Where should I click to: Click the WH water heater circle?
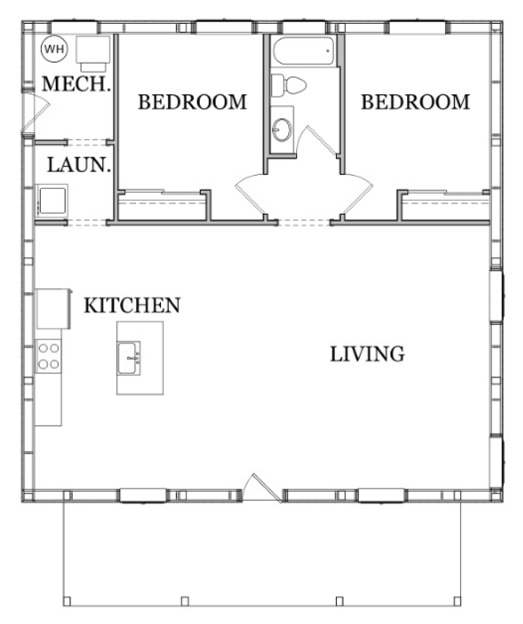[x=54, y=50]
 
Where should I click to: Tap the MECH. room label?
[x=76, y=85]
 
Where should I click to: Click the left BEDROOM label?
[x=193, y=102]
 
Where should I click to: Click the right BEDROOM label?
[x=416, y=102]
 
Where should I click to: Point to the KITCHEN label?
[x=132, y=305]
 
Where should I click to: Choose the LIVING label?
[x=368, y=354]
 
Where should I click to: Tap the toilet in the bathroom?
[x=289, y=86]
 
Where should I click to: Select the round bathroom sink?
[x=281, y=130]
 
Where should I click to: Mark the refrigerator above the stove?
[x=52, y=308]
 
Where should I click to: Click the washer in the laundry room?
[x=52, y=201]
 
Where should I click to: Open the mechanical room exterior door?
[x=34, y=113]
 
